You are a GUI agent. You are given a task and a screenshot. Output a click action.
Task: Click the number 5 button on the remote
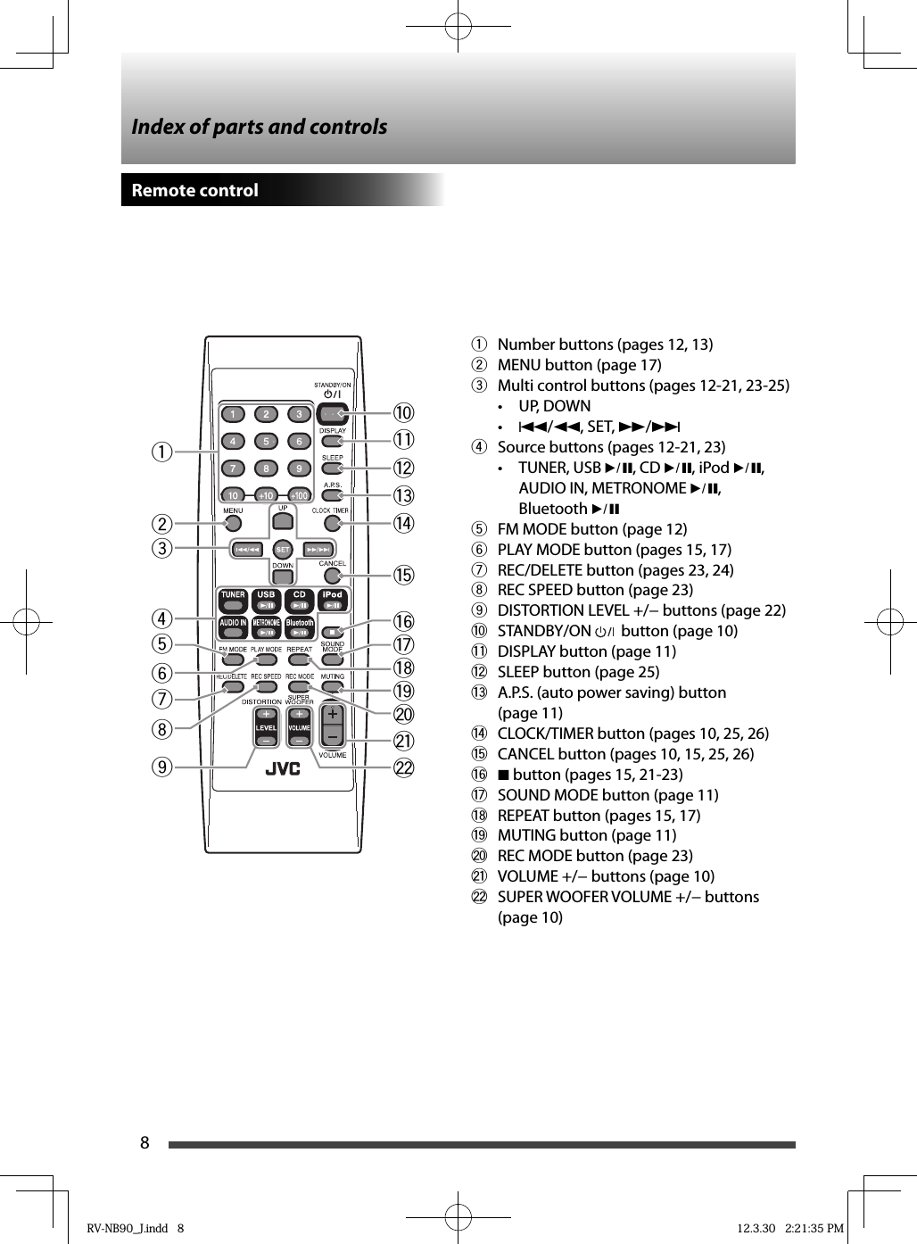click(266, 442)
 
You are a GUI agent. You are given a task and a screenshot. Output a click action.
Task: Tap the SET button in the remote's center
click(283, 550)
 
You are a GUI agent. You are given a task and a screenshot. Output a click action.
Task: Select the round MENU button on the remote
click(233, 524)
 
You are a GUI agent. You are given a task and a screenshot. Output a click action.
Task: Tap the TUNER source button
click(233, 601)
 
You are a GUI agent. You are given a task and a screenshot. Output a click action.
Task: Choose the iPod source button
click(333, 601)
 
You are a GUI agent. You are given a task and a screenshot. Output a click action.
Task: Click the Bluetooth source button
click(300, 627)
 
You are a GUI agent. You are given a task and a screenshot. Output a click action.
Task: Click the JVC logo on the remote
click(283, 769)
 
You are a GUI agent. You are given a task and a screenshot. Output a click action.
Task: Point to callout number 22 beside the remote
click(404, 767)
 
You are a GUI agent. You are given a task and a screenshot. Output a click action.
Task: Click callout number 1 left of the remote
click(161, 452)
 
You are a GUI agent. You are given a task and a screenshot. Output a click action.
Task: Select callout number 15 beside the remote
click(404, 575)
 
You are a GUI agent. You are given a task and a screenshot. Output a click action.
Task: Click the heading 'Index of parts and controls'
click(260, 127)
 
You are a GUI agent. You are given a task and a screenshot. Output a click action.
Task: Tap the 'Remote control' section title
click(195, 190)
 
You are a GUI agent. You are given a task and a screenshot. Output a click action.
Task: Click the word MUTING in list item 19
click(526, 835)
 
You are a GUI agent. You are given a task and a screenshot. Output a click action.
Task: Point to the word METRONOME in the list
click(639, 488)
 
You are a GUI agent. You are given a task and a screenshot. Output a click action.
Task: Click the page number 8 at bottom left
click(145, 1143)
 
